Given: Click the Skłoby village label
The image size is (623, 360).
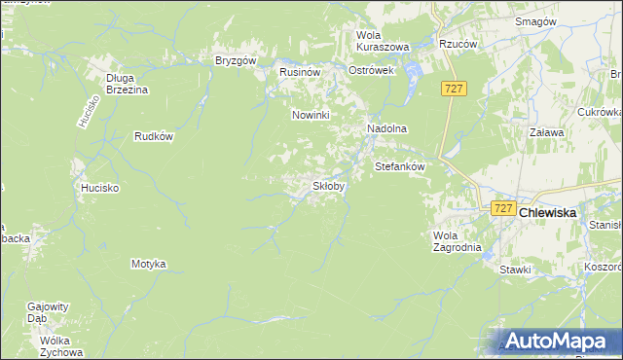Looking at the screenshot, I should click(x=328, y=186).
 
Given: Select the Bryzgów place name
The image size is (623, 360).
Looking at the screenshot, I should click(x=235, y=60).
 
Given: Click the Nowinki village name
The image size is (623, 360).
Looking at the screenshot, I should click(x=312, y=115).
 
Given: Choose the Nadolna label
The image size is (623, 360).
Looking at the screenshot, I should click(x=386, y=128).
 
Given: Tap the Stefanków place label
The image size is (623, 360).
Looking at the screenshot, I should click(x=401, y=166).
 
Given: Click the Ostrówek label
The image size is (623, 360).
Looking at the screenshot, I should click(x=371, y=72).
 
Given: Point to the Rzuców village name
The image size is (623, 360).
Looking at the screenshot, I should click(x=458, y=43).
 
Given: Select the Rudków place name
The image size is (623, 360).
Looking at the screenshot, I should click(x=154, y=136).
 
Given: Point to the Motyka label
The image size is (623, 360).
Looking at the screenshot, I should click(x=149, y=264).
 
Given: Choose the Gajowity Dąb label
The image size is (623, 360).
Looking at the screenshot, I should click(x=51, y=311).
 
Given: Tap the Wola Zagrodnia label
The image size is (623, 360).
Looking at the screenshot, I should click(x=457, y=240).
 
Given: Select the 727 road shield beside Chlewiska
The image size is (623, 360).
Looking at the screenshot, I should click(x=502, y=208).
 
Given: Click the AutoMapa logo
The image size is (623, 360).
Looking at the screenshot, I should click(x=559, y=342).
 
